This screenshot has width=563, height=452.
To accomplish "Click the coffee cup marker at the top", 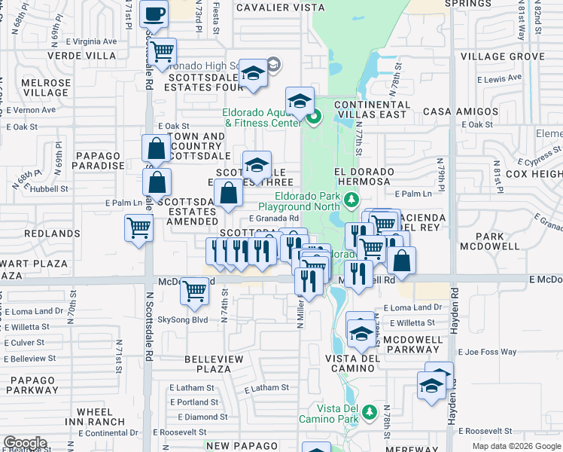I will [154, 14].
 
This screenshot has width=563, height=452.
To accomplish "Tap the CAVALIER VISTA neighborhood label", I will [280, 8].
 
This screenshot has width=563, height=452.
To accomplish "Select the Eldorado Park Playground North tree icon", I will [350, 200].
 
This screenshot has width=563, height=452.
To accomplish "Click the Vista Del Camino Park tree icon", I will [368, 411].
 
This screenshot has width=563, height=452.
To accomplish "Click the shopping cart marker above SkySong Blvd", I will [195, 289].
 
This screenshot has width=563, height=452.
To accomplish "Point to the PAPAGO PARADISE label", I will [99, 160].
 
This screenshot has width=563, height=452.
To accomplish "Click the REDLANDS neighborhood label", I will [52, 234].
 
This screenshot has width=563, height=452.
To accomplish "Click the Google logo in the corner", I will [25, 443].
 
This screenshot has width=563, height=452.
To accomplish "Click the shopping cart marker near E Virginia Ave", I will [162, 51].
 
